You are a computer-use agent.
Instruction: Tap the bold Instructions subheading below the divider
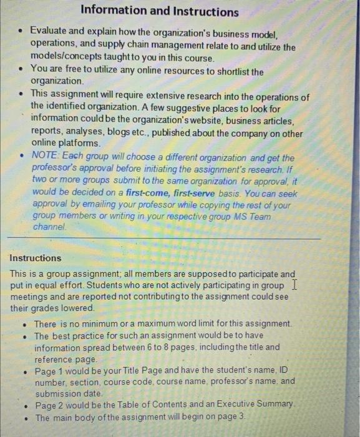36,258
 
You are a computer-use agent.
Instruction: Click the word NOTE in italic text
44,157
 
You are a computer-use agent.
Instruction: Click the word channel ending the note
48,228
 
